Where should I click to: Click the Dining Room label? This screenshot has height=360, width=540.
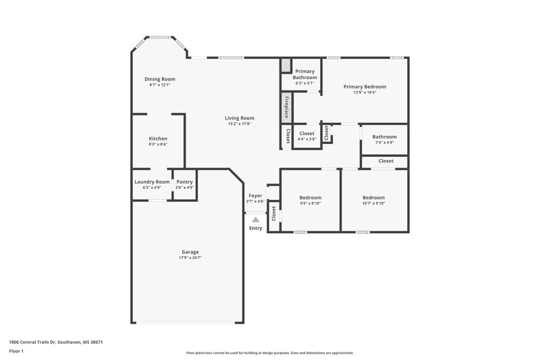pos(159,79)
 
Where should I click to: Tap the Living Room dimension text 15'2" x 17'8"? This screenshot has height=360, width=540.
pos(240,124)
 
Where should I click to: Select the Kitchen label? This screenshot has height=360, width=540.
pos(158,138)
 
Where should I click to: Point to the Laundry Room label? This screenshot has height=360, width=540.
pos(152,182)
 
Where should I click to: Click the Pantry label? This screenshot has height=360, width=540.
pos(184,182)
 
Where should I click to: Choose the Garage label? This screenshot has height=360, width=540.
pos(190,252)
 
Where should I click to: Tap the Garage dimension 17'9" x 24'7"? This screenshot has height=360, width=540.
pos(190,258)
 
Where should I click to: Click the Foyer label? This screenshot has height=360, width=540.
pos(255,195)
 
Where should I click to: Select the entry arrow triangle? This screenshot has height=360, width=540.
pos(255,220)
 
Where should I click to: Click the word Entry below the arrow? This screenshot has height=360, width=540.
pos(255,228)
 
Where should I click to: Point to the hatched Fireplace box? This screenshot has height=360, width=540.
pos(287,106)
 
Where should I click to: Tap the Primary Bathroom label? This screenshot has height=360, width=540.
pos(304,74)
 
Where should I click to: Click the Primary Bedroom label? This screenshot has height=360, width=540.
pos(364,86)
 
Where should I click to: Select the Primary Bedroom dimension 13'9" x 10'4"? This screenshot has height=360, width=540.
pos(364,93)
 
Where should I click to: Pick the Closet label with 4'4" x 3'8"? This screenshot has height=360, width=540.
pos(306,133)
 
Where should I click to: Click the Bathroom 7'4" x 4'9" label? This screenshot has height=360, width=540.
pos(384,136)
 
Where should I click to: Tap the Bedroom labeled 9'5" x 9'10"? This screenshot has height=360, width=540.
pos(310,197)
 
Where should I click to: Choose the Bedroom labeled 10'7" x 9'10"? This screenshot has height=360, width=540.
pos(373,197)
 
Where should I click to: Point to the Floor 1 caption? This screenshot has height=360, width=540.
pos(16,352)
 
